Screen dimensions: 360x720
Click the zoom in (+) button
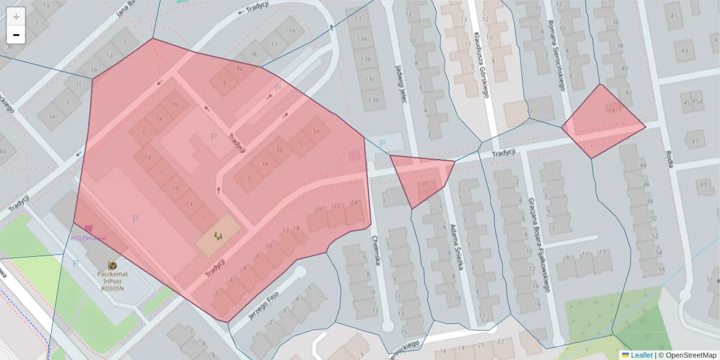pyautogui.click(x=16, y=17)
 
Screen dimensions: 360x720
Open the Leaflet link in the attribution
pyautogui.click(x=641, y=355)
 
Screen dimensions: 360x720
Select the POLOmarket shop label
pyautogui.click(x=89, y=238)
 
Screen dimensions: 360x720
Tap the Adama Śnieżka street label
pyautogui.click(x=457, y=247)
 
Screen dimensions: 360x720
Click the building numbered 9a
pyautogui.click(x=239, y=69)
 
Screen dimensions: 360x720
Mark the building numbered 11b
pyautogui.click(x=290, y=31)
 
